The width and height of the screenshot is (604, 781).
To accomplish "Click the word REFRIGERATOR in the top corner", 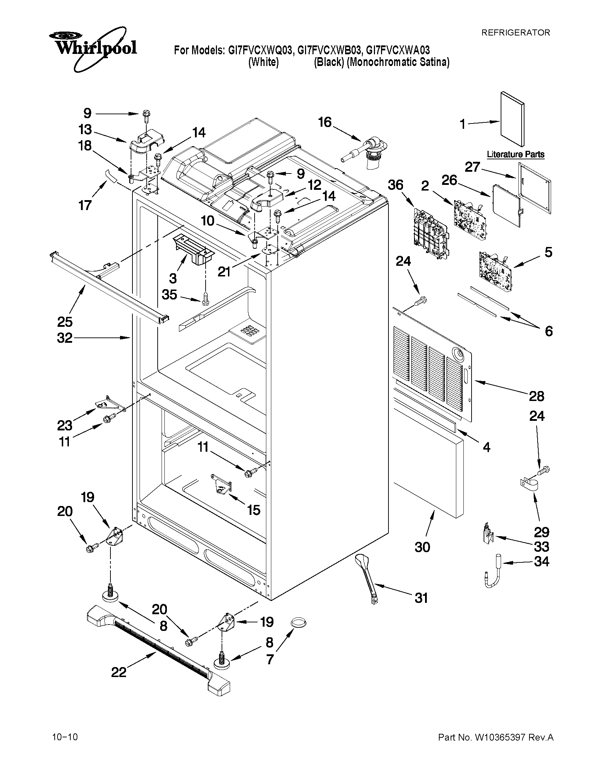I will pyautogui.click(x=516, y=33).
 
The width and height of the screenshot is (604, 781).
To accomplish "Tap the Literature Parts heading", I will pyautogui.click(x=516, y=154).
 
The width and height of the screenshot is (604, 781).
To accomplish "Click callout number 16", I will pyautogui.click(x=325, y=122).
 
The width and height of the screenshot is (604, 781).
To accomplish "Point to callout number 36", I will pyautogui.click(x=396, y=185).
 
